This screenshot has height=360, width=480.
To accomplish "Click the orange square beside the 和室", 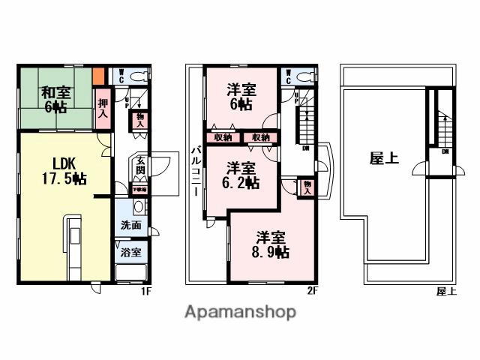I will coord(99,76).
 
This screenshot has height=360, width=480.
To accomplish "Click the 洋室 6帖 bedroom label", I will coord(241,97).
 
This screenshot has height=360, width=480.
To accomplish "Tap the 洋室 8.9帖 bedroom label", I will coord(268,245).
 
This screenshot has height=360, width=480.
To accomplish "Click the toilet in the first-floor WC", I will coord(138,76).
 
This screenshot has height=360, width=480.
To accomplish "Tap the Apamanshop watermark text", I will coord(240,313).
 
